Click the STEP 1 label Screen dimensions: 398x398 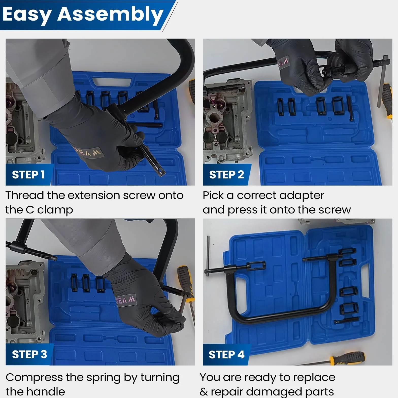pyautogui.click(x=28, y=175)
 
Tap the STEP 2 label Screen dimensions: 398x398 pyautogui.click(x=226, y=175)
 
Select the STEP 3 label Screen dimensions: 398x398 pyautogui.click(x=29, y=354)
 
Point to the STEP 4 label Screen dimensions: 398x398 pyautogui.click(x=226, y=355)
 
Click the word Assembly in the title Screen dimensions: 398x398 pyautogui.click(x=110, y=15)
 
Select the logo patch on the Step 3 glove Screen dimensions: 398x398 pyautogui.click(x=125, y=301)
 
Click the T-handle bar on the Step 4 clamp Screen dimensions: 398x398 pyautogui.click(x=208, y=256)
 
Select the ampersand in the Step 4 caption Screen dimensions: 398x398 pyautogui.click(x=204, y=392)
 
